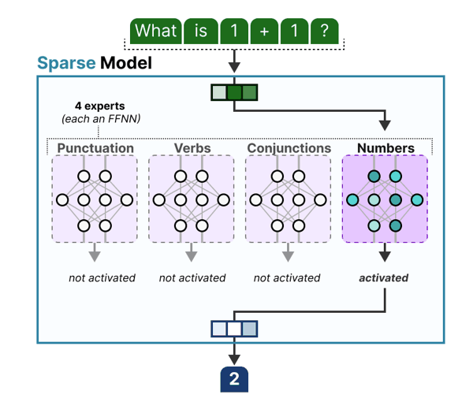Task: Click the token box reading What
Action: pyautogui.click(x=155, y=31)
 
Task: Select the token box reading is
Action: pyautogui.click(x=201, y=31)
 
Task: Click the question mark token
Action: pyautogui.click(x=324, y=31)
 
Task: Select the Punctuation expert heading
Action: pyautogui.click(x=95, y=147)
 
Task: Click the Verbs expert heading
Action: pyautogui.click(x=192, y=147)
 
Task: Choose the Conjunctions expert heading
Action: pyautogui.click(x=289, y=147)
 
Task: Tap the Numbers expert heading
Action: pyautogui.click(x=385, y=147)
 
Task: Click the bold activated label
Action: pyautogui.click(x=385, y=277)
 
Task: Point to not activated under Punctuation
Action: pyautogui.click(x=102, y=277)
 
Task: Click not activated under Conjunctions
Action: pyautogui.click(x=287, y=277)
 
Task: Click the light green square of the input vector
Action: pyautogui.click(x=218, y=92)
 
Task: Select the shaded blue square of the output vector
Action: pyautogui.click(x=249, y=328)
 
